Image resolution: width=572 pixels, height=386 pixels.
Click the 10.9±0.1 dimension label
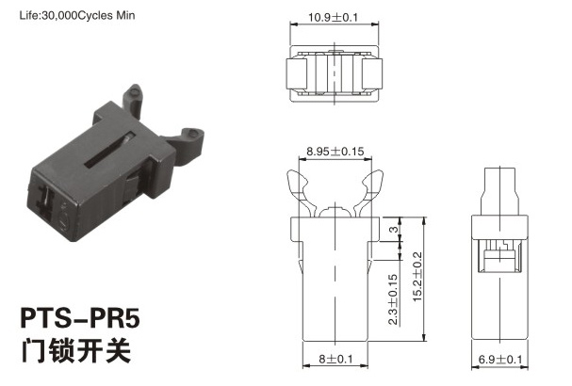point(334,17)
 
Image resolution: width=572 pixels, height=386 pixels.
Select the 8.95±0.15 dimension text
point(335,152)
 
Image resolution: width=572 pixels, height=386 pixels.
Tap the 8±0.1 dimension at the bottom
point(336,359)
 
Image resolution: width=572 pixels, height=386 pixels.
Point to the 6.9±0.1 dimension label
point(500,360)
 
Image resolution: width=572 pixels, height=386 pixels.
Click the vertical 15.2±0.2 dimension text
point(417,276)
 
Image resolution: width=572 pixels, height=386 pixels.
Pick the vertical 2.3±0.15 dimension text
point(393,299)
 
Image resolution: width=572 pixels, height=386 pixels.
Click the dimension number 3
point(393,230)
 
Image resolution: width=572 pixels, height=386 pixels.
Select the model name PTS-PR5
point(80,318)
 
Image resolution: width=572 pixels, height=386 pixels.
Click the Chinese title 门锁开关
point(76,350)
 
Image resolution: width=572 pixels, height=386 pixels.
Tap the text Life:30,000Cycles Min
point(77,15)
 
